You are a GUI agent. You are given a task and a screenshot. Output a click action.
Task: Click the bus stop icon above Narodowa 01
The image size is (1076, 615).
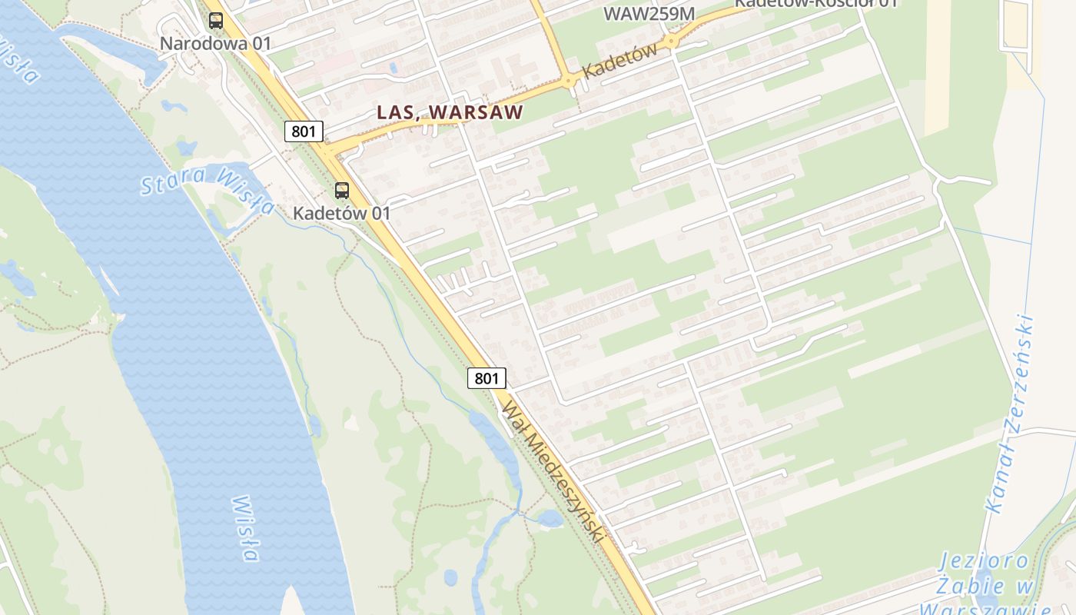pos(216,21)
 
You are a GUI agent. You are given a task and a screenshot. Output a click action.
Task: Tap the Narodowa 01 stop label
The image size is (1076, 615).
pos(216,43)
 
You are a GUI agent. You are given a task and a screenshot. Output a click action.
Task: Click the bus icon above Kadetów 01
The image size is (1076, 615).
pos(342,191)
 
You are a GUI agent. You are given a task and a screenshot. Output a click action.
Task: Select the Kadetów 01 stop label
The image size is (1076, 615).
pos(342,213)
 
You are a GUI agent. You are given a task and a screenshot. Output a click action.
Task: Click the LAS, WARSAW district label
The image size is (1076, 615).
pos(450,112)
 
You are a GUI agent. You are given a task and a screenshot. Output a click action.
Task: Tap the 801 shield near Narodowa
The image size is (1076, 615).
pos(304,131)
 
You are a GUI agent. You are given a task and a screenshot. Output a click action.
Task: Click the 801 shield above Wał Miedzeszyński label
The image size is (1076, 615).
pos(487,378)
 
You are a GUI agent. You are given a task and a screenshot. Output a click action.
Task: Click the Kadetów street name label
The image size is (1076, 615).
pos(619,61)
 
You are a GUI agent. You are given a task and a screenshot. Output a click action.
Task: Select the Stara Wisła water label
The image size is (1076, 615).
pos(208,189)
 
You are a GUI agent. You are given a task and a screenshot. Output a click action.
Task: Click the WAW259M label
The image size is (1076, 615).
pos(649,13)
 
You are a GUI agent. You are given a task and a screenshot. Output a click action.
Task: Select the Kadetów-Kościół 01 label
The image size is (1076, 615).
pos(816,3)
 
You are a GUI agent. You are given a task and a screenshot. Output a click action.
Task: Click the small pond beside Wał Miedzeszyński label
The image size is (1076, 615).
pos(550,519)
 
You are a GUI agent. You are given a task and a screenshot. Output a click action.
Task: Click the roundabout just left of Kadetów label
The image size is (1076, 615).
pos(569,80)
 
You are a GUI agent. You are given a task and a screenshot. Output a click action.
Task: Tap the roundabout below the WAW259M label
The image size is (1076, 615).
pos(671,40)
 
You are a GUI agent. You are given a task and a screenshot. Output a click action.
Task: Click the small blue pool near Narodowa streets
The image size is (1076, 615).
pos(394,68)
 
